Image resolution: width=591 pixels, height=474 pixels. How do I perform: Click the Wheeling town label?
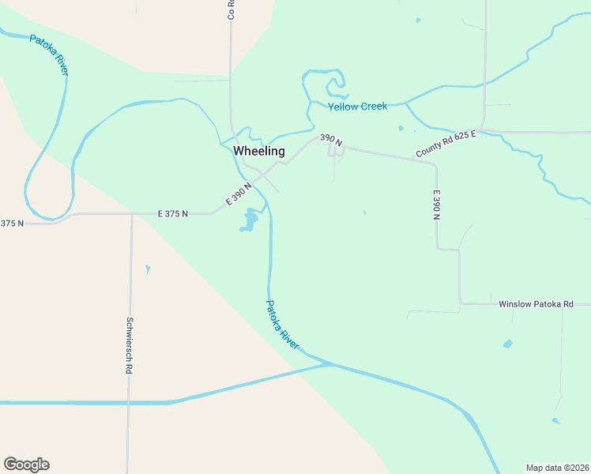pyautogui.click(x=258, y=151)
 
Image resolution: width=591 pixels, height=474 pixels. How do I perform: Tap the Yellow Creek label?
pyautogui.click(x=358, y=106)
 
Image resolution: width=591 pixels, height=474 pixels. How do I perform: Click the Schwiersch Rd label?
pyautogui.click(x=129, y=345)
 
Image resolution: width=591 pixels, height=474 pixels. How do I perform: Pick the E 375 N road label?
pyautogui.click(x=173, y=213)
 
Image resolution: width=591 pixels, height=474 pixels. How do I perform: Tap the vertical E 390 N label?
pyautogui.click(x=435, y=205)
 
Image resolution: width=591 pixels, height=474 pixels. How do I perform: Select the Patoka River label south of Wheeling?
pyautogui.click(x=282, y=325)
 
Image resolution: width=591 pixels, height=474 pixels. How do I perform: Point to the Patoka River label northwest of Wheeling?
pyautogui.click(x=50, y=55)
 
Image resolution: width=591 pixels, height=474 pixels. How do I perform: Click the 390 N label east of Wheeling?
pyautogui.click(x=331, y=139)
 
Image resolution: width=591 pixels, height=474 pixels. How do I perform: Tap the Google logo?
pyautogui.click(x=26, y=465)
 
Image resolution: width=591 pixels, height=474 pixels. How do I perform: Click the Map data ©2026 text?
pyautogui.click(x=557, y=468)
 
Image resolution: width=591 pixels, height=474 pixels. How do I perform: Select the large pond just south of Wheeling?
pyautogui.click(x=250, y=220)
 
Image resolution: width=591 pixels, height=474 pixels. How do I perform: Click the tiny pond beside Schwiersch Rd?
pyautogui.click(x=148, y=269)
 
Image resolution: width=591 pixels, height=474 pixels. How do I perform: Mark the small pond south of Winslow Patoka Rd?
pyautogui.click(x=507, y=344)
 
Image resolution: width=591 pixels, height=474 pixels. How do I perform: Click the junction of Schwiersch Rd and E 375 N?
pyautogui.click(x=131, y=214)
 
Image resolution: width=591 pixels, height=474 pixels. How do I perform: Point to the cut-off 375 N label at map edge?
pyautogui.click(x=12, y=224)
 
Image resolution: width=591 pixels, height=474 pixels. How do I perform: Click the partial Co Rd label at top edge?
pyautogui.click(x=232, y=9)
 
